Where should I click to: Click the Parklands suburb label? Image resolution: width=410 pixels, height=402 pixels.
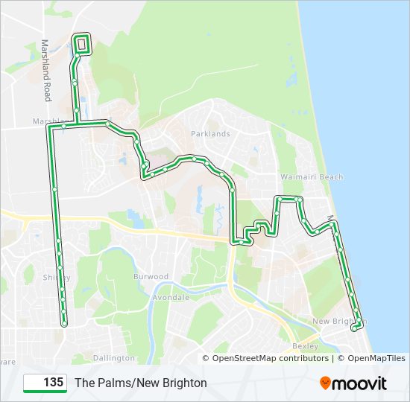[211, 134]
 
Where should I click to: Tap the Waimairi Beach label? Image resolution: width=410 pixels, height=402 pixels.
[312, 177]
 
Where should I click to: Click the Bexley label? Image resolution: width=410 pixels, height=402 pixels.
[306, 346]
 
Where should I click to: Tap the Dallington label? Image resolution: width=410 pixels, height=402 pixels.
[115, 358]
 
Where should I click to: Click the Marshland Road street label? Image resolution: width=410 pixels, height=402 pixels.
[46, 71]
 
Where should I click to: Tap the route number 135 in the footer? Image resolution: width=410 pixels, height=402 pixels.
[52, 383]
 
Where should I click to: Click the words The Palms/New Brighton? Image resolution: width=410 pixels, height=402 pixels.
[141, 383]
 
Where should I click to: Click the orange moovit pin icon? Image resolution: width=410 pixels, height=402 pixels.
[326, 383]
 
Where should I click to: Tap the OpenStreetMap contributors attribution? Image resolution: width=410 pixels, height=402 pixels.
[270, 358]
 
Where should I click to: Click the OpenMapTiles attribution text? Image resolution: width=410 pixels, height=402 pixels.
[371, 358]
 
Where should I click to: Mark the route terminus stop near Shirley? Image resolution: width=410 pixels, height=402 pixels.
[64, 324]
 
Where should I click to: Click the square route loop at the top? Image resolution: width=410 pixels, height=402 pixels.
[81, 44]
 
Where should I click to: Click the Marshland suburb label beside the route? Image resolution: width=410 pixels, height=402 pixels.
[49, 121]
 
